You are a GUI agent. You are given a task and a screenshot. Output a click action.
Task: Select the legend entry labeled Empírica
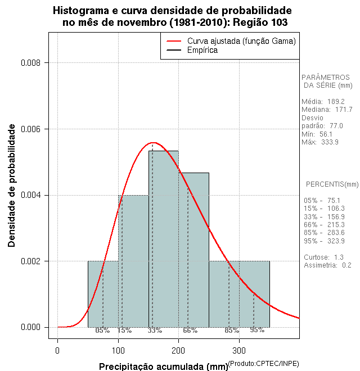pyautogui.click(x=202, y=51)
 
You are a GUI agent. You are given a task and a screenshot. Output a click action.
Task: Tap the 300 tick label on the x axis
pyautogui.click(x=239, y=351)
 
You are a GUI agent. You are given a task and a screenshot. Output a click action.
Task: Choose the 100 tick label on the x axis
pyautogui.click(x=118, y=351)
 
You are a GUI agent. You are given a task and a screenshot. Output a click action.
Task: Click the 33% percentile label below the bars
pyautogui.click(x=155, y=331)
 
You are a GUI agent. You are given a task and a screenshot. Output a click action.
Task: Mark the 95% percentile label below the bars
pyautogui.click(x=257, y=331)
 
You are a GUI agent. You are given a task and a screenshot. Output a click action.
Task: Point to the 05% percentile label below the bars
pyautogui.click(x=102, y=331)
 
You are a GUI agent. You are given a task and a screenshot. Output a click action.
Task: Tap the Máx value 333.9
pyautogui.click(x=329, y=142)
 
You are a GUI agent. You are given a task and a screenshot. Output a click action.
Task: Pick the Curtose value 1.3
pyautogui.click(x=339, y=257)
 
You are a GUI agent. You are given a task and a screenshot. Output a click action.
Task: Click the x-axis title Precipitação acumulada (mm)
pyautogui.click(x=163, y=367)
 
